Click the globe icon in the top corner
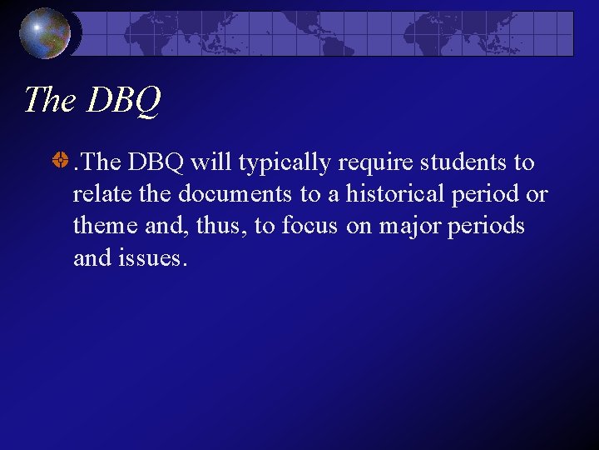tap(46, 32)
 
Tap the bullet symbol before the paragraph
tap(60, 162)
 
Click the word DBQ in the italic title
tap(123, 100)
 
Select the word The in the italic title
tap(50, 100)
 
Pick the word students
tap(460, 162)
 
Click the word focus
tap(309, 226)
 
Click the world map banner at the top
tap(329, 32)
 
